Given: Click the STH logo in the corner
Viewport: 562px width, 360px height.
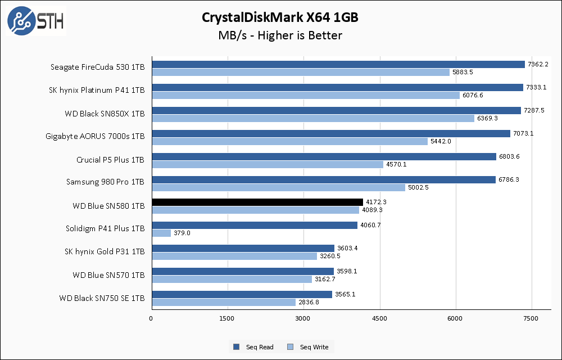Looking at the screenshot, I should (x=35, y=21).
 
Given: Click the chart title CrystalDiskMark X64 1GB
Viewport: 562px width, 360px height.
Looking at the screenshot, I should (x=280, y=17).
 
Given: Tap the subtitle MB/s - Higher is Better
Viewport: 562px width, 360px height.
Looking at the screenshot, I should (x=280, y=36).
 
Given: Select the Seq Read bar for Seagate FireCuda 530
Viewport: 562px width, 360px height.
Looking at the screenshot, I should (x=338, y=64).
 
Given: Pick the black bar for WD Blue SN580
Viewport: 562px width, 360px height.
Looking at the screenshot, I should (x=257, y=202).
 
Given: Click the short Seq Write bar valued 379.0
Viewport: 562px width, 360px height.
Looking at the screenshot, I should (x=161, y=233).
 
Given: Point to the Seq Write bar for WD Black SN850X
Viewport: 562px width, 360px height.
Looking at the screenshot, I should (x=313, y=118).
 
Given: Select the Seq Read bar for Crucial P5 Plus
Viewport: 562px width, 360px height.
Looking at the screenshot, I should (x=324, y=156).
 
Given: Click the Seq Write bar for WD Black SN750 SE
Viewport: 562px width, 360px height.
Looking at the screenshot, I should (x=223, y=302).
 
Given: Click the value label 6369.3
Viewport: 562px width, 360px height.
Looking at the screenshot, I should (x=487, y=118).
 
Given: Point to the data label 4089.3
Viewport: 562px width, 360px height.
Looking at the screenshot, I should (x=372, y=210).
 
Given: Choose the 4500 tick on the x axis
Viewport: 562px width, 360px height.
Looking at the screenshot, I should (x=380, y=319).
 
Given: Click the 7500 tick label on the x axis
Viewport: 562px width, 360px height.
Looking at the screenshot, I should (x=532, y=319).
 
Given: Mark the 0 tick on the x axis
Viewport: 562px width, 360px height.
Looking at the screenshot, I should (x=151, y=319).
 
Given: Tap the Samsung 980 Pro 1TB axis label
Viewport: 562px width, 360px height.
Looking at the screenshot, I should (x=105, y=183).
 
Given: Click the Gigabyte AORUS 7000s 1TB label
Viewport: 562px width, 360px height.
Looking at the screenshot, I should (x=95, y=137).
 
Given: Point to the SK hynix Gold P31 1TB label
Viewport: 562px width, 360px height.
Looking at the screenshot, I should (x=105, y=251).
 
